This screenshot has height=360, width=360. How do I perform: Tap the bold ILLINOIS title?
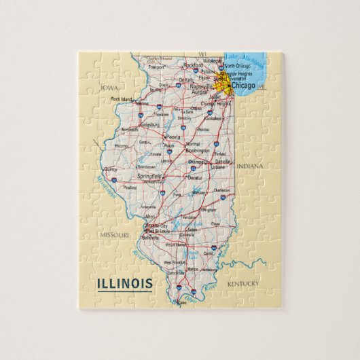pos(125,283)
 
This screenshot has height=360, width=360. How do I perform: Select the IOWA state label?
pos(107,88)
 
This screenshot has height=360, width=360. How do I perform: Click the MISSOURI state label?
pos(114,234)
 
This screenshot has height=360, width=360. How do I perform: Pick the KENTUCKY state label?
pos(243,283)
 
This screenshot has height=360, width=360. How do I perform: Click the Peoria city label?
pos(173,137)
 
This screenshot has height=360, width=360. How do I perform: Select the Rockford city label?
pos(192,65)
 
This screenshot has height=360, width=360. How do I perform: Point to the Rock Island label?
pos(122,99)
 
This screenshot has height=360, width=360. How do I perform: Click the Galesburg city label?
pos(150,125)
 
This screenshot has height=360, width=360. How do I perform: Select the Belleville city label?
pos(150,238)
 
